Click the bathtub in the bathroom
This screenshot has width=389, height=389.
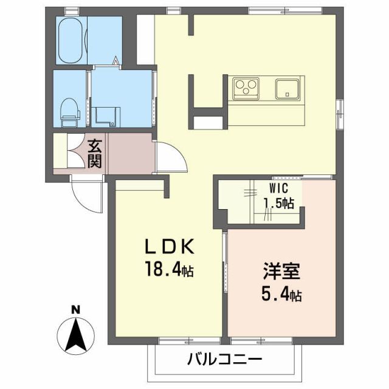pyautogui.click(x=72, y=40)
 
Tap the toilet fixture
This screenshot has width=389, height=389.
pyautogui.click(x=69, y=109)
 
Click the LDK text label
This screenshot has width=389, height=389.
pyautogui.click(x=168, y=247)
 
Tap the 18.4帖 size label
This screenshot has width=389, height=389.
pyautogui.click(x=168, y=270)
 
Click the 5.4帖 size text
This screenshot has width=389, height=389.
pyautogui.click(x=281, y=295)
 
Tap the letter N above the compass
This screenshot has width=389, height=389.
pyautogui.click(x=76, y=309)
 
